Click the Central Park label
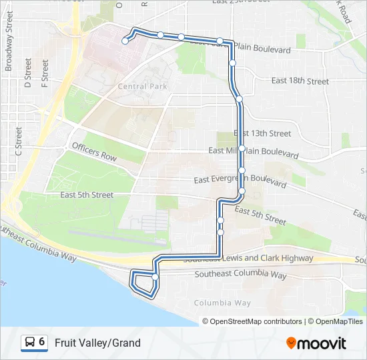coord(142,87)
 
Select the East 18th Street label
coord(300,81)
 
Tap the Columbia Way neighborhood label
coord(222,303)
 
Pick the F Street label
coord(45,73)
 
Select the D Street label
coord(28,73)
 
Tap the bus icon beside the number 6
coord(30,343)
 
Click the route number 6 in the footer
coord(42,342)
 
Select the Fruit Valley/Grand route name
coord(97,343)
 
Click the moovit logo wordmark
coord(322,343)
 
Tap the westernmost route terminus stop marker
coord(125,41)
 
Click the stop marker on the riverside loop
coord(155,277)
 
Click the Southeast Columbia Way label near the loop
coord(240,275)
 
